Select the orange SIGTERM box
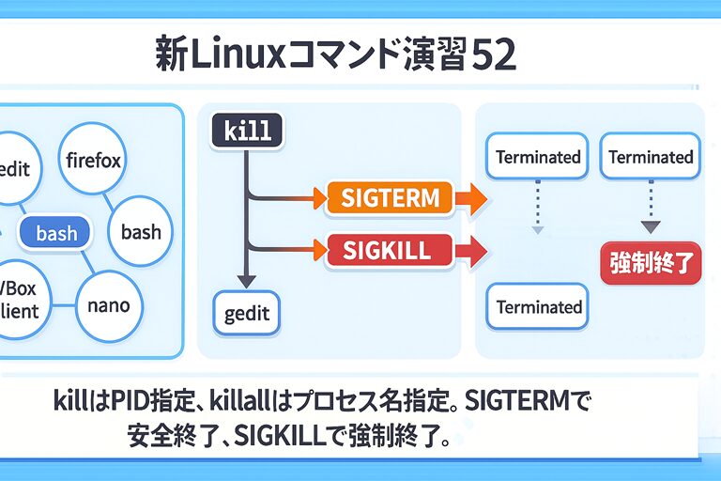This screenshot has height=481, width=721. click(389, 198)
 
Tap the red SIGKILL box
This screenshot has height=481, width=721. click(387, 250)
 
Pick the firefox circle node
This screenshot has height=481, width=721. click(93, 161)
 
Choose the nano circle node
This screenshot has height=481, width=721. click(108, 305)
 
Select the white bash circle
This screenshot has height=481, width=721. click(141, 232)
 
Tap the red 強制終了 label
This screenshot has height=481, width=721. click(650, 264)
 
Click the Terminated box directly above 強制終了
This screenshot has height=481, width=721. click(651, 157)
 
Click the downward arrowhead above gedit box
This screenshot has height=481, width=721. click(246, 280)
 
